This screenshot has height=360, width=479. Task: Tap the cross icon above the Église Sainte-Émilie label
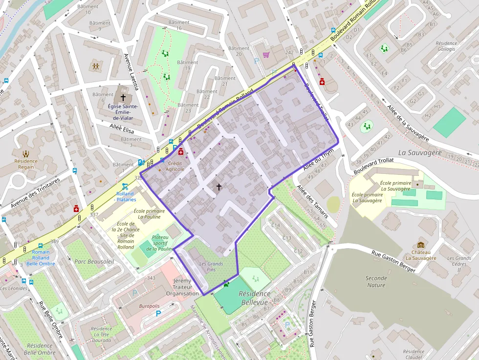coord(123,98)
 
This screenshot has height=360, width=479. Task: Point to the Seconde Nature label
coord(376,281)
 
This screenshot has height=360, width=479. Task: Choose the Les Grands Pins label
coord(211,267)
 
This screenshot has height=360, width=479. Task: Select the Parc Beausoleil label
coord(94,261)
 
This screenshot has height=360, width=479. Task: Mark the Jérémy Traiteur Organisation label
coord(182,287)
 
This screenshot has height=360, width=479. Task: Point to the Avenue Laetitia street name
coord(131,72)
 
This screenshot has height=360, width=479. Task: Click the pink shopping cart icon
coord(266,55)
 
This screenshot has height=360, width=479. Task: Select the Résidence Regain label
coord(26,164)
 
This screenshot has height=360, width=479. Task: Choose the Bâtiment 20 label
coord(239,51)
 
